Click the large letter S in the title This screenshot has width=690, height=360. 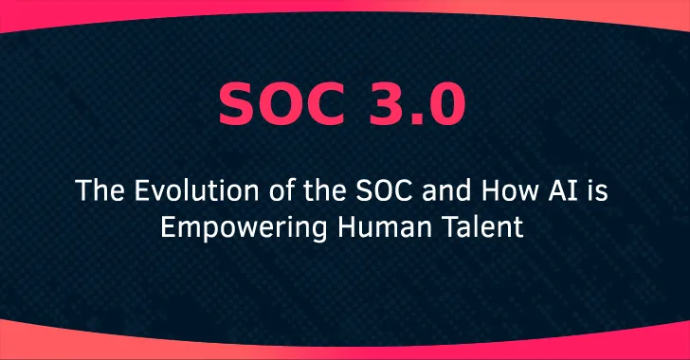pos(237,105)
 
